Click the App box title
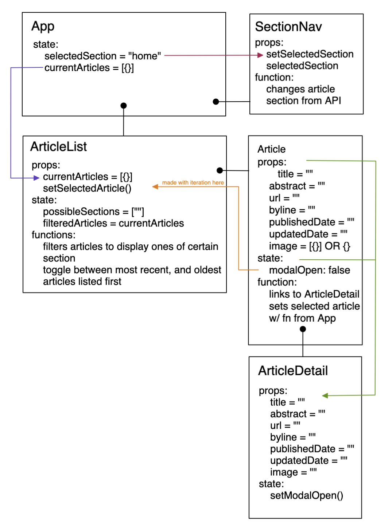point(43,27)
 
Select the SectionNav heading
point(288,27)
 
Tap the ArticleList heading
point(58,147)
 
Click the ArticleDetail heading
point(293,371)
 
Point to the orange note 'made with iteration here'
point(193,182)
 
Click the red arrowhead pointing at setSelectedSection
point(260,55)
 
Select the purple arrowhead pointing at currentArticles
point(36,178)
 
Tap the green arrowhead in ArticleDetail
point(325,396)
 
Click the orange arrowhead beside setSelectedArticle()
point(155,187)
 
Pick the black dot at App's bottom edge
point(124,106)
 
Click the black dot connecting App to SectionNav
point(216,102)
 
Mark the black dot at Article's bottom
point(303,329)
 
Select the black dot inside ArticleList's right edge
point(220,170)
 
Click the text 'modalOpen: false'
point(309,270)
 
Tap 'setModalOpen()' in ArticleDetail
point(306,496)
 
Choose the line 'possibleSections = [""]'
point(93,212)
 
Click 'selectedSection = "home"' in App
point(102,56)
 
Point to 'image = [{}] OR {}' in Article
point(309,246)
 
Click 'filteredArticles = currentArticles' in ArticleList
point(113,223)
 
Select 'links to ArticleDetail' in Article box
point(314,294)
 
